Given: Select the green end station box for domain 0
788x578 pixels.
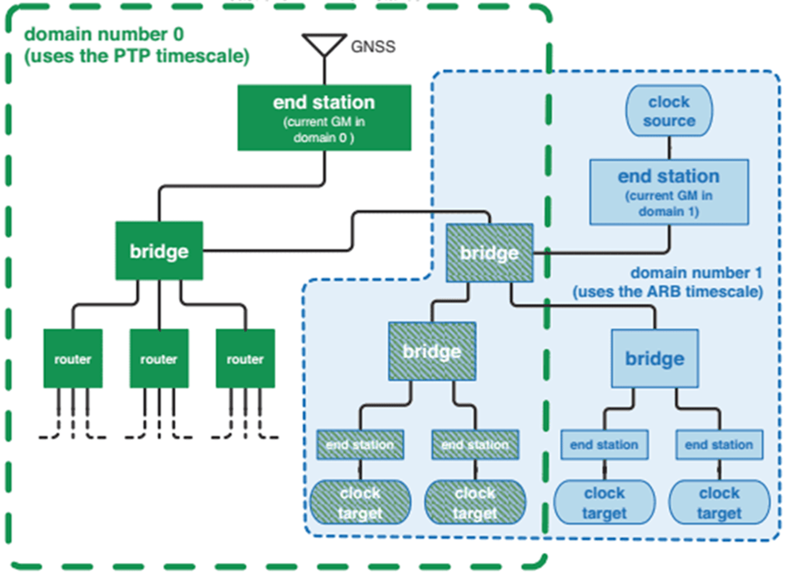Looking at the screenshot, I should tap(324, 118).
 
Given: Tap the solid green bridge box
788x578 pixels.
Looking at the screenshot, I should tap(158, 250).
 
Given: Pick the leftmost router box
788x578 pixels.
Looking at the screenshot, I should tap(73, 359).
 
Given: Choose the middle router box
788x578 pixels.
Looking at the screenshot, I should tap(158, 359).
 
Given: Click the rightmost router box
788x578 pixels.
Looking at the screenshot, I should tap(245, 359).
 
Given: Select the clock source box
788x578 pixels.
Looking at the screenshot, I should tap(669, 111).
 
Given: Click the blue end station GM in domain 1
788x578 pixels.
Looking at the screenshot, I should tap(669, 192).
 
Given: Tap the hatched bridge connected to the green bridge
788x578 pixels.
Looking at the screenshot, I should tap(489, 252).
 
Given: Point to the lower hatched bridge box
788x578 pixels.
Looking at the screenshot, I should tap(432, 351).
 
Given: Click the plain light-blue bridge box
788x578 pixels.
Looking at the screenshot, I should tap(655, 358).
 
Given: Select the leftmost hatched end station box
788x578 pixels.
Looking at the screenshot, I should tap(360, 445).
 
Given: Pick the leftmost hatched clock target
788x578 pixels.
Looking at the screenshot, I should tap(360, 502).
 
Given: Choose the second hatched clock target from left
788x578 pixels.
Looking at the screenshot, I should tap(474, 502).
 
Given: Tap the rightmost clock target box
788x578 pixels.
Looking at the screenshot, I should tap(719, 502).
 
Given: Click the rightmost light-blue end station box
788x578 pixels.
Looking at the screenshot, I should tap(719, 445).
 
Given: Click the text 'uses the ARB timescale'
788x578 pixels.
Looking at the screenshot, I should tap(675, 291).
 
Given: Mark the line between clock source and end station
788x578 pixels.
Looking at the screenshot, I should tap(669, 147).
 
